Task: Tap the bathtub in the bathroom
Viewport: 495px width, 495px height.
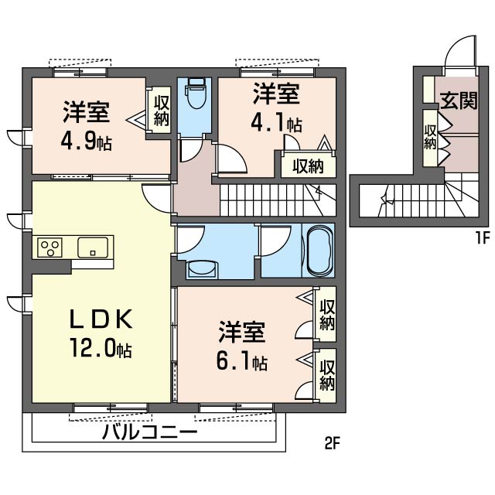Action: tap(320, 251)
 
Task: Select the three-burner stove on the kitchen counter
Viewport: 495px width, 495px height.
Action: tap(49, 247)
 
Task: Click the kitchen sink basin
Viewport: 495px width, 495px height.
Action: tap(93, 247)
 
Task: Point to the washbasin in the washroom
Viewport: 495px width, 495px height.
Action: tap(202, 269)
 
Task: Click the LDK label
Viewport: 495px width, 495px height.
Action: tap(101, 319)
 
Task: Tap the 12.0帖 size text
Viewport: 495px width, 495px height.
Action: tap(101, 348)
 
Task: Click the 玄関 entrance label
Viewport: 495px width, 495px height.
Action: tap(459, 101)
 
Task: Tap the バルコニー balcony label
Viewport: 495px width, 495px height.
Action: tap(149, 432)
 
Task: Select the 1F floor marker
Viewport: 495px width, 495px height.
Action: tap(482, 238)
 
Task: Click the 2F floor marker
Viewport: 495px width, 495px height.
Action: tap(332, 444)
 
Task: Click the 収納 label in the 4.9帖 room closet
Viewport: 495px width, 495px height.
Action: tap(162, 111)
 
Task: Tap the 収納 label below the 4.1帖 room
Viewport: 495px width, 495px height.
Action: tap(308, 166)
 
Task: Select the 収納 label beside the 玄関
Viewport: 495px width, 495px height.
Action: tap(430, 137)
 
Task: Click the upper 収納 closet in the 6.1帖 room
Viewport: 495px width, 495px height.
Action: tap(326, 315)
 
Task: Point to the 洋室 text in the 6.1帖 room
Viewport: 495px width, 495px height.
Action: tap(242, 332)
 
